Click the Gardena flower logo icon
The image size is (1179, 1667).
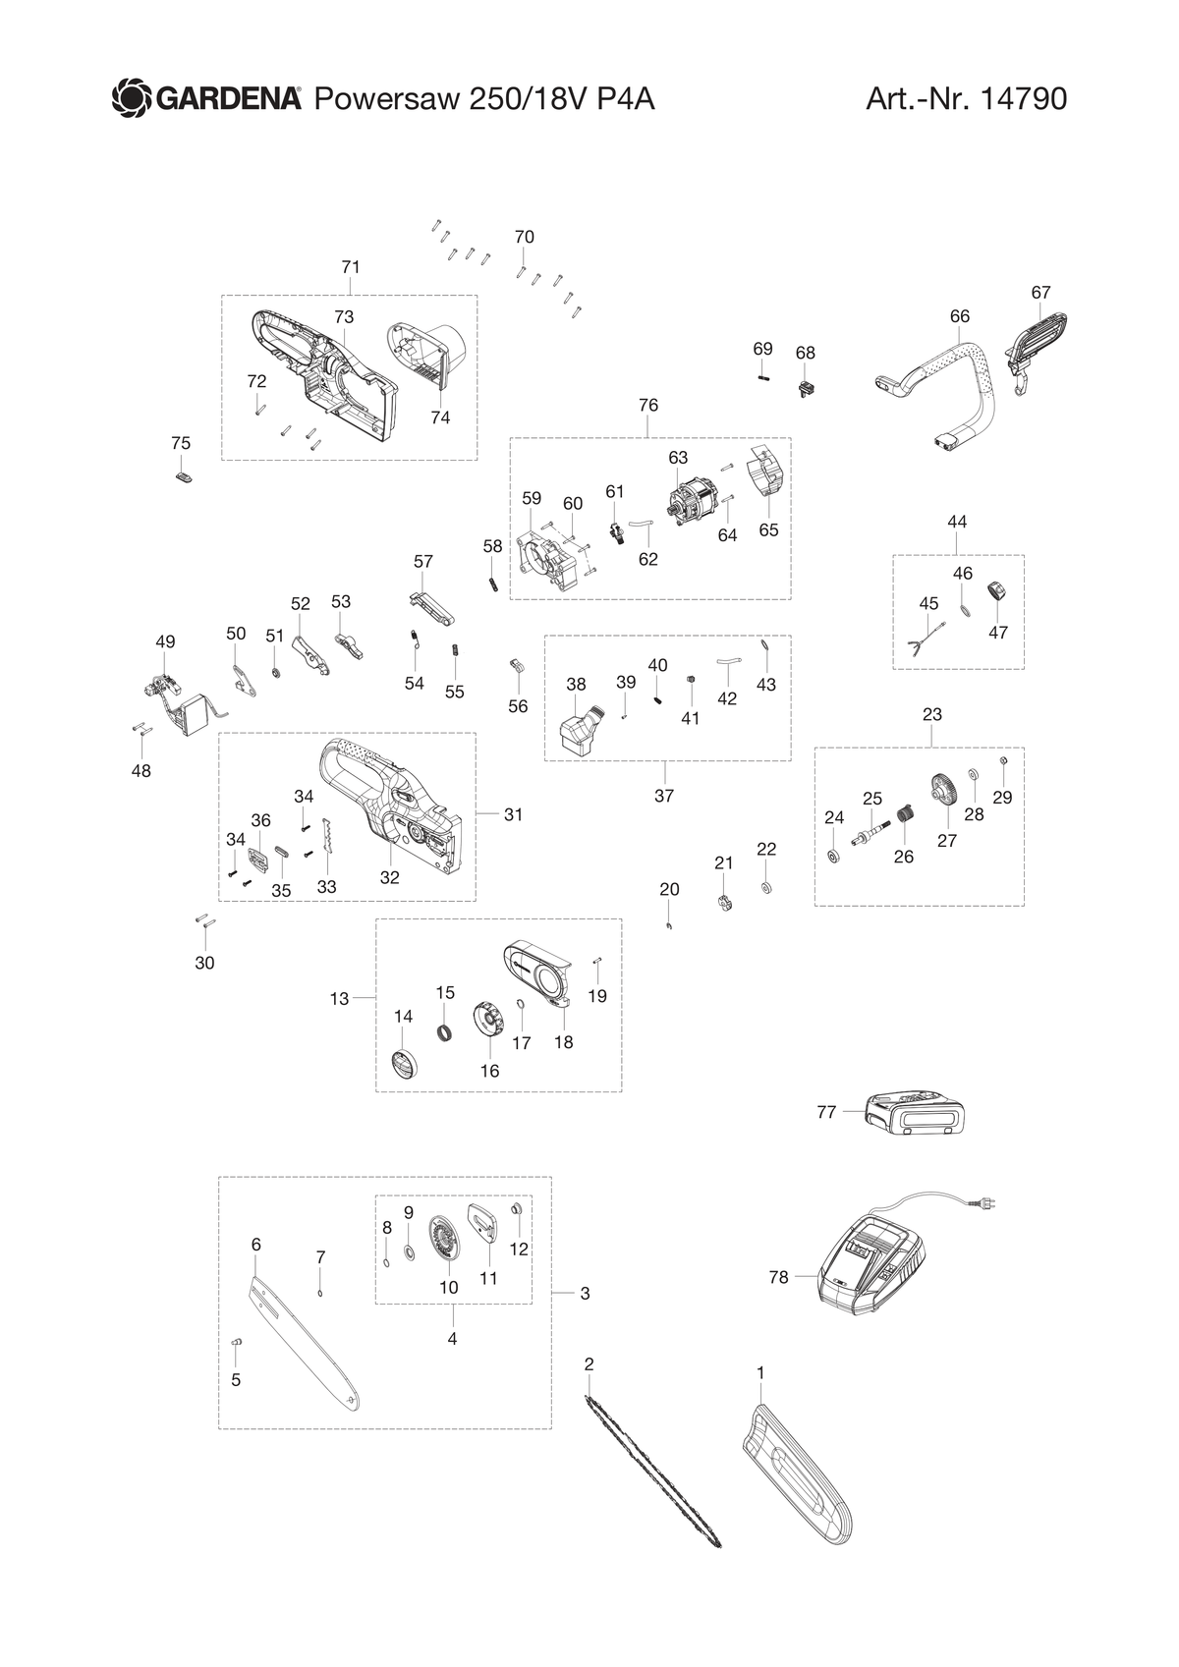click(x=132, y=98)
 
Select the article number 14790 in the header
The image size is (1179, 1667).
click(x=1024, y=98)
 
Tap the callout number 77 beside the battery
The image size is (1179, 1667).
click(x=826, y=1112)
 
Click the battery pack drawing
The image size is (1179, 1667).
click(x=914, y=1113)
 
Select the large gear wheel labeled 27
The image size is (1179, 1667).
click(x=944, y=791)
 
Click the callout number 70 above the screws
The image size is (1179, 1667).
click(x=524, y=237)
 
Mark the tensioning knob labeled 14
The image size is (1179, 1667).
click(x=404, y=1061)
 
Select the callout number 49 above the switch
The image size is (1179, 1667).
click(x=165, y=641)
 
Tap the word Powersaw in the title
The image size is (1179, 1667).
click(x=387, y=99)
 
